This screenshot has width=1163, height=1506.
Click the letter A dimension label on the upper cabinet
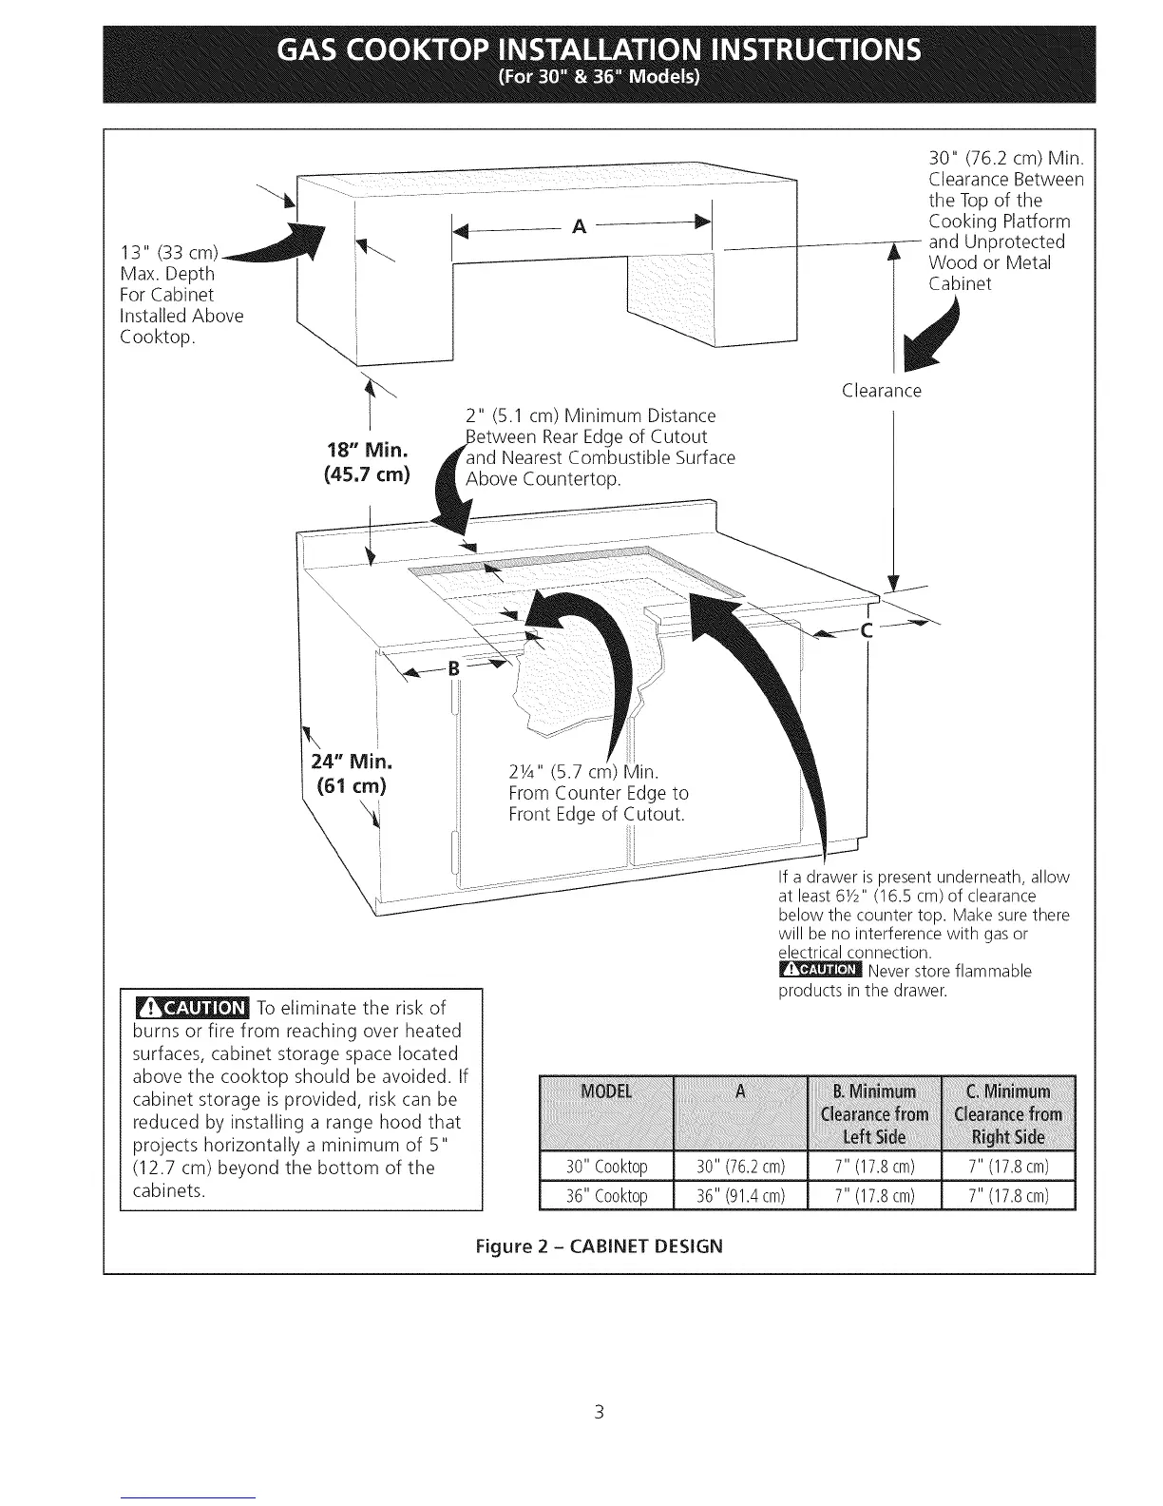pyautogui.click(x=580, y=226)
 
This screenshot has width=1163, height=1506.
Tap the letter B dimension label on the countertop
pyautogui.click(x=453, y=667)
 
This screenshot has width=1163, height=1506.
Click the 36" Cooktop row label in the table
pyautogui.click(x=606, y=1195)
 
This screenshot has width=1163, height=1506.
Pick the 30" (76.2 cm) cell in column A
pyautogui.click(x=740, y=1167)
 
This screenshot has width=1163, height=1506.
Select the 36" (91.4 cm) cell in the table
pyautogui.click(x=740, y=1195)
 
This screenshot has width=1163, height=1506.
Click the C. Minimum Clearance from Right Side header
pyautogui.click(x=1007, y=1113)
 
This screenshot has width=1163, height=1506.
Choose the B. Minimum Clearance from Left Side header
pyautogui.click(x=874, y=1113)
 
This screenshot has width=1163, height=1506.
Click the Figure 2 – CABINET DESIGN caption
pyautogui.click(x=599, y=1245)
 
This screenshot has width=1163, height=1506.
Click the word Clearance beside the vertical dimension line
pyautogui.click(x=882, y=391)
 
